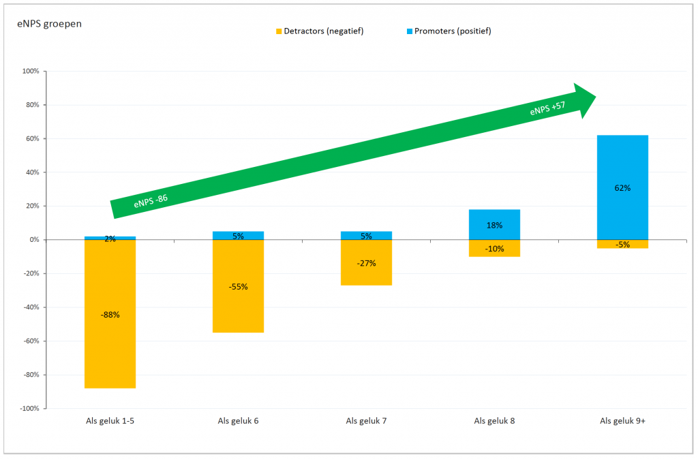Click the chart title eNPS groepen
[50, 23]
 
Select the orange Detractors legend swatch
[278, 31]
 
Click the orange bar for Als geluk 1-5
[110, 341]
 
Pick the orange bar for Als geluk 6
[238, 307]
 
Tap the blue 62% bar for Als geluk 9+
[622, 164]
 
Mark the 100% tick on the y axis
[31, 71]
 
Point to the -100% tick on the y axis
[29, 408]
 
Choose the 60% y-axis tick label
[32, 138]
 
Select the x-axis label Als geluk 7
[366, 421]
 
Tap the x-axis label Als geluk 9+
[622, 421]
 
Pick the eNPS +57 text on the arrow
[547, 109]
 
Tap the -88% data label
[110, 315]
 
